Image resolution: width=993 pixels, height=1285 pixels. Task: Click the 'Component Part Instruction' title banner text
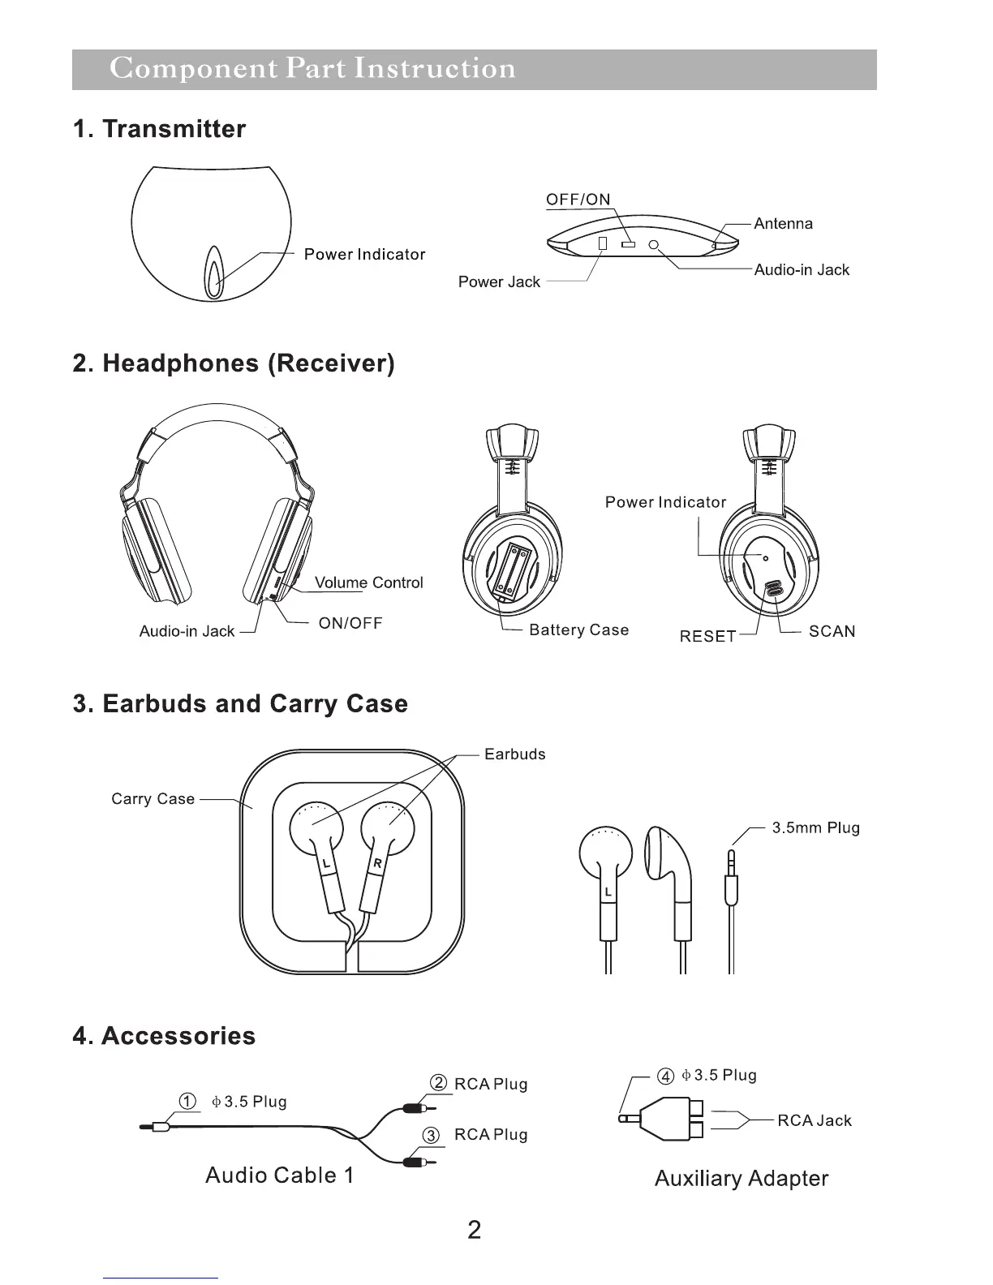312,69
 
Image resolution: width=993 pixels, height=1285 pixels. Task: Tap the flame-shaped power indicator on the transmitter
214,273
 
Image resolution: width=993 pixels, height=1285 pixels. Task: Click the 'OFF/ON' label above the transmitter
578,200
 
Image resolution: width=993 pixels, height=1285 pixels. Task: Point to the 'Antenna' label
783,224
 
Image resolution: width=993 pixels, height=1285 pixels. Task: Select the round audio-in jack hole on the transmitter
654,245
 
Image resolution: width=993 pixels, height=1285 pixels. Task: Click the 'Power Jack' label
499,282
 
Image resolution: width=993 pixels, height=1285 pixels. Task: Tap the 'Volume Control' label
368,582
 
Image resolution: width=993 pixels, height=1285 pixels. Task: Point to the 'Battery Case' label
578,630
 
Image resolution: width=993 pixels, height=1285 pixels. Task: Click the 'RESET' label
707,637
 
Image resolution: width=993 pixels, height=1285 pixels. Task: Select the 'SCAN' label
832,631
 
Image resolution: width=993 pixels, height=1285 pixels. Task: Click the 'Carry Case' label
153,799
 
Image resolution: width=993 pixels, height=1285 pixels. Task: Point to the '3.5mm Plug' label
815,828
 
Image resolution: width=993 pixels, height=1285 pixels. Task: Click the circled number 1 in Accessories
187,1102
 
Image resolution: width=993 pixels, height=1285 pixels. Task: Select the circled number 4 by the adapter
665,1077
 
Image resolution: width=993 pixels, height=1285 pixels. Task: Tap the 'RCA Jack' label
814,1121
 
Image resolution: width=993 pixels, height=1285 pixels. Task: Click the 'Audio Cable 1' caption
280,1175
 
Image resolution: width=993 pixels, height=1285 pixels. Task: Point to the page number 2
475,1230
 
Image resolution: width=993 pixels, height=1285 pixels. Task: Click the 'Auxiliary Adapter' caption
742,1179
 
